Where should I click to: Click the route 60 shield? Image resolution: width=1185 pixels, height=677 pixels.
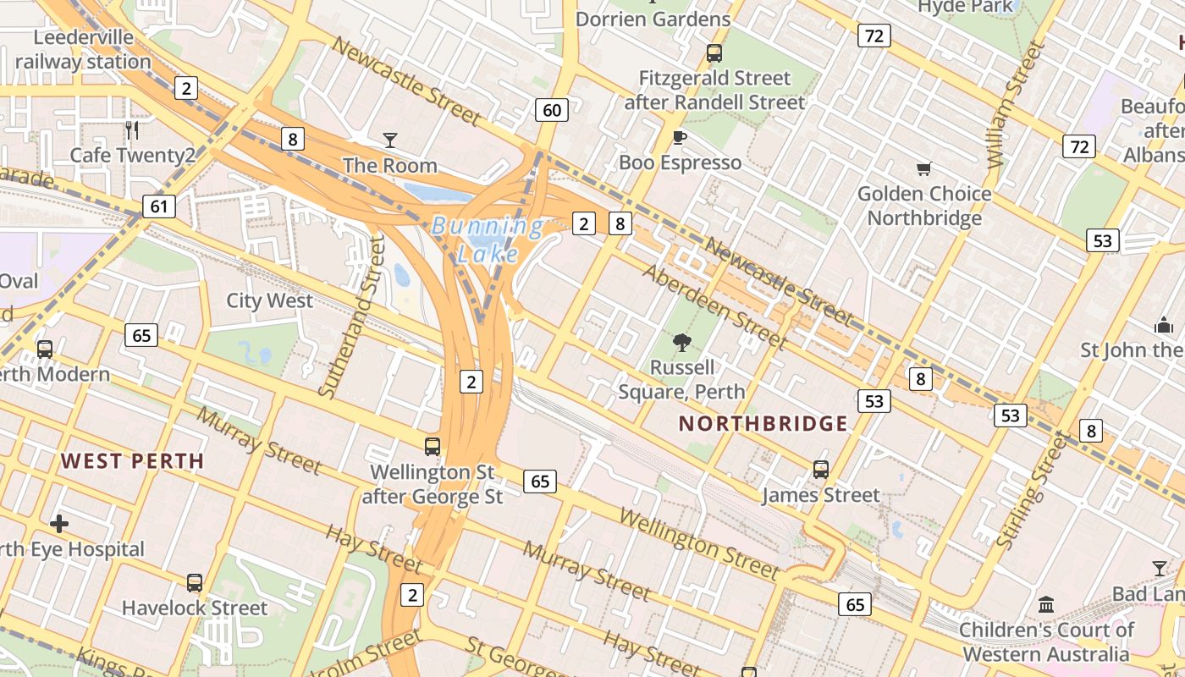(551, 110)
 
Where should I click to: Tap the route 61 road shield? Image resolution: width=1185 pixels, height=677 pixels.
(159, 206)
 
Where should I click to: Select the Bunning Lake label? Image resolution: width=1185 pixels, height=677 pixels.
(488, 239)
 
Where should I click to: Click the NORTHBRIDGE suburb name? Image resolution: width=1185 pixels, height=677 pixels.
(763, 424)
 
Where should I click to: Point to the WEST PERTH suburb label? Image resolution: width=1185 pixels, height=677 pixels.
(132, 461)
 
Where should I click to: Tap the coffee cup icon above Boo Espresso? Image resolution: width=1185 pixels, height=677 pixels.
(679, 137)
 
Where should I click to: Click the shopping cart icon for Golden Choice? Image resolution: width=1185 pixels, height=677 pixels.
(923, 169)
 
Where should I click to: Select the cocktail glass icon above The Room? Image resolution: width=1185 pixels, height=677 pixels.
(389, 140)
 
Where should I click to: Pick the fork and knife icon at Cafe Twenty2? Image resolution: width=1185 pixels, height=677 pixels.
(131, 130)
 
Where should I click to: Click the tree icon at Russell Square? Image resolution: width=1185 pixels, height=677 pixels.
(681, 343)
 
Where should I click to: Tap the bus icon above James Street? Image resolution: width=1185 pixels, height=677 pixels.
(820, 470)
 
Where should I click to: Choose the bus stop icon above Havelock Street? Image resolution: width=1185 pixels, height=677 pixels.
(195, 583)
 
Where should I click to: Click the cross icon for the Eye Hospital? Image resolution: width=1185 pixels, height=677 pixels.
(59, 525)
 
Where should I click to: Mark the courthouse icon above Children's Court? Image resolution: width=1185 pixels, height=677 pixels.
(1046, 605)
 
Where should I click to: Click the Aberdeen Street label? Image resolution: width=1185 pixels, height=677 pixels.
(715, 306)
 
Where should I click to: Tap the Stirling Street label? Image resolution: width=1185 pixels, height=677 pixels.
(1034, 491)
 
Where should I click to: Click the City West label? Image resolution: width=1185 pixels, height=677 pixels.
(269, 301)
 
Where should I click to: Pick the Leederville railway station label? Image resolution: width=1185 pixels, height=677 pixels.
(83, 49)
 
